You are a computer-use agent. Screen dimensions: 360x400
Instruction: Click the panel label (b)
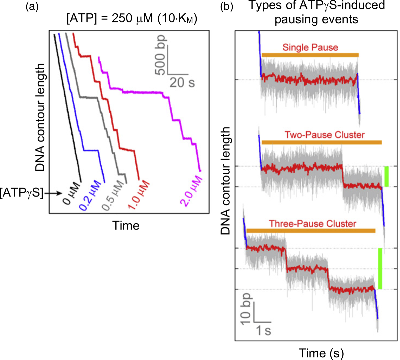pyautogui.click(x=227, y=7)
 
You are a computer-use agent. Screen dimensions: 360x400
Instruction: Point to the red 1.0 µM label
pyautogui.click(x=139, y=196)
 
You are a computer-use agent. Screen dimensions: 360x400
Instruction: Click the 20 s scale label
pyautogui.click(x=182, y=82)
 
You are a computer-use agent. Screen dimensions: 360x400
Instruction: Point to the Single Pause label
pyautogui.click(x=310, y=47)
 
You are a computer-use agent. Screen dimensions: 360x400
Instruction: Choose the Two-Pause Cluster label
pyautogui.click(x=325, y=135)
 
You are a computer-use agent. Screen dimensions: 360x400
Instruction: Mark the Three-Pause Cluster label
pyautogui.click(x=313, y=224)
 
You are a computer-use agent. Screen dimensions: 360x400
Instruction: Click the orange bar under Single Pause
pyautogui.click(x=310, y=55)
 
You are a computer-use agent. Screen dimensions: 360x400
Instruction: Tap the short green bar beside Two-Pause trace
pyautogui.click(x=386, y=176)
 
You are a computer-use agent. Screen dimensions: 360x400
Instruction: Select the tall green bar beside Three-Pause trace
pyautogui.click(x=380, y=268)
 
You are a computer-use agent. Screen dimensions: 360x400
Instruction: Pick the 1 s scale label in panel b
pyautogui.click(x=263, y=330)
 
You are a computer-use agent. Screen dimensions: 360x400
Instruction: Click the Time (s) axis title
pyautogui.click(x=321, y=353)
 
